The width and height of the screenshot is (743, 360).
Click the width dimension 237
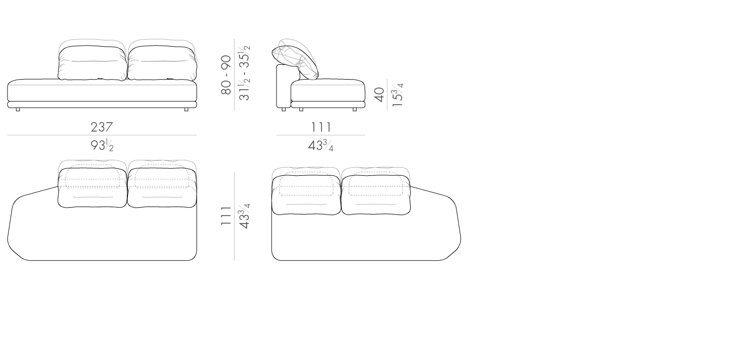point(102,127)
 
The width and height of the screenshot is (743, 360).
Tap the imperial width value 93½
point(102,145)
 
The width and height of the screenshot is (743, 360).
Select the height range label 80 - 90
point(226,75)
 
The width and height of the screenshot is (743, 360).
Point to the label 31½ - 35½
point(245,73)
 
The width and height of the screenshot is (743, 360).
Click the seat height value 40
point(379,95)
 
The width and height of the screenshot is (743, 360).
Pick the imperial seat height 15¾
point(398,95)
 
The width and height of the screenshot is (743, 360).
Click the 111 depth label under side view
point(321,127)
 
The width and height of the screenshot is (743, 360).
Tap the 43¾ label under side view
point(321,145)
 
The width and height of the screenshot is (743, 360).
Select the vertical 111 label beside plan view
point(226,216)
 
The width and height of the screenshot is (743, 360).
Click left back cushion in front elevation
point(92,63)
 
